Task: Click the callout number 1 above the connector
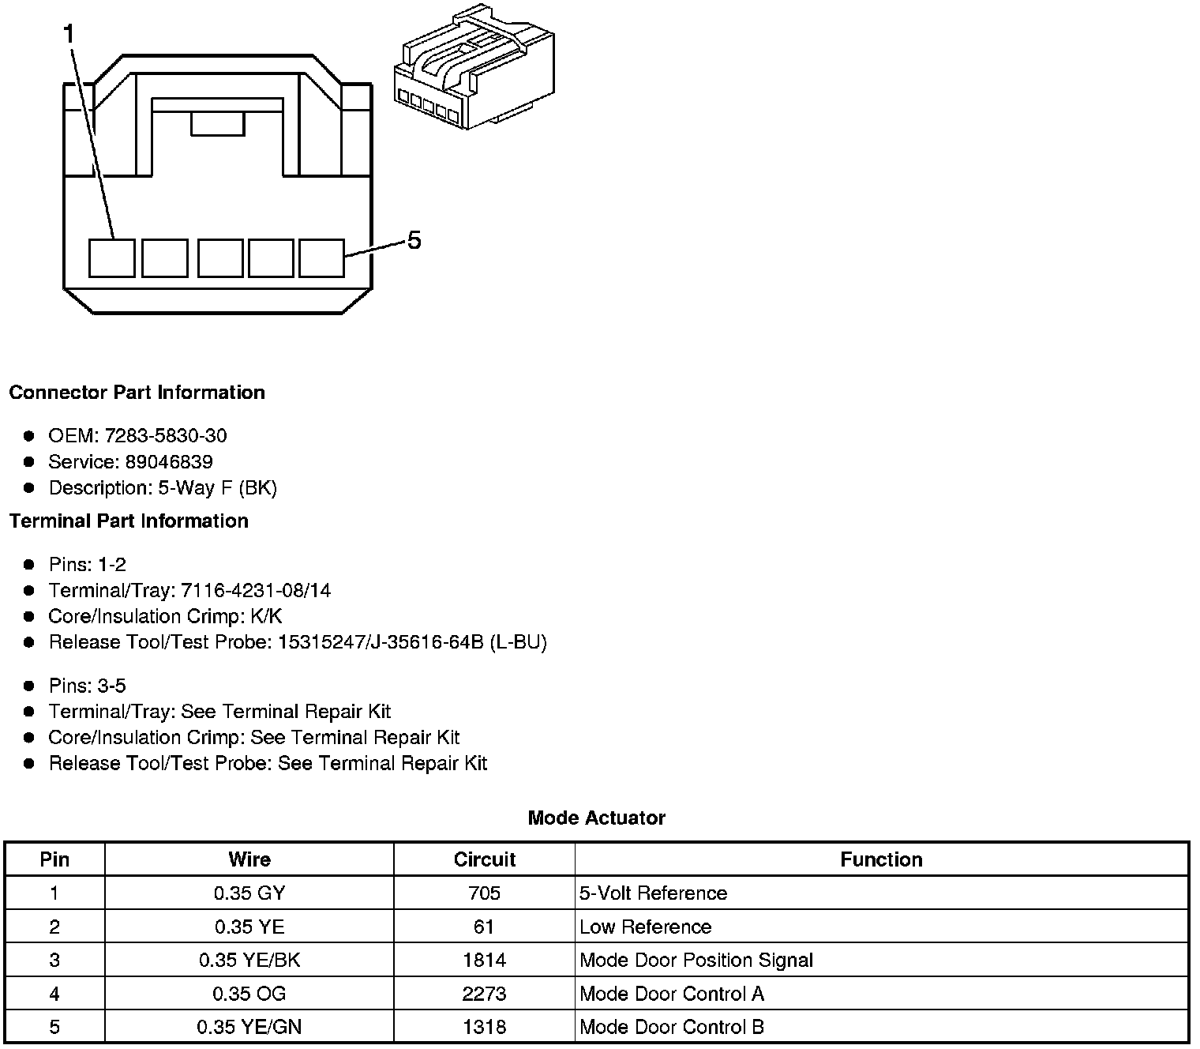tap(70, 34)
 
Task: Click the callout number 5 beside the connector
tap(414, 240)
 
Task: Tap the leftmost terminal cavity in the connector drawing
tap(111, 258)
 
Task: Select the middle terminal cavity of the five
tap(219, 258)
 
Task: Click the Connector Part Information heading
tap(137, 393)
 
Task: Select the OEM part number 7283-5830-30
tap(166, 436)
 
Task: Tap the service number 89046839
tap(169, 462)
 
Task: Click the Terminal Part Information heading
tap(129, 521)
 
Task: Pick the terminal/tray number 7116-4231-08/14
tap(256, 591)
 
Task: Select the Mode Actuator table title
tap(596, 818)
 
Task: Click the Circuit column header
tap(484, 859)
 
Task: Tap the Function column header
tap(881, 859)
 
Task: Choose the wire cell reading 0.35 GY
tap(249, 893)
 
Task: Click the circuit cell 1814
tap(484, 961)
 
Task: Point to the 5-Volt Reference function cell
tap(654, 893)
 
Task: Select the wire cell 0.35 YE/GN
tap(249, 1027)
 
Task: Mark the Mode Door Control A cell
tap(672, 994)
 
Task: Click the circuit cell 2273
tap(484, 994)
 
